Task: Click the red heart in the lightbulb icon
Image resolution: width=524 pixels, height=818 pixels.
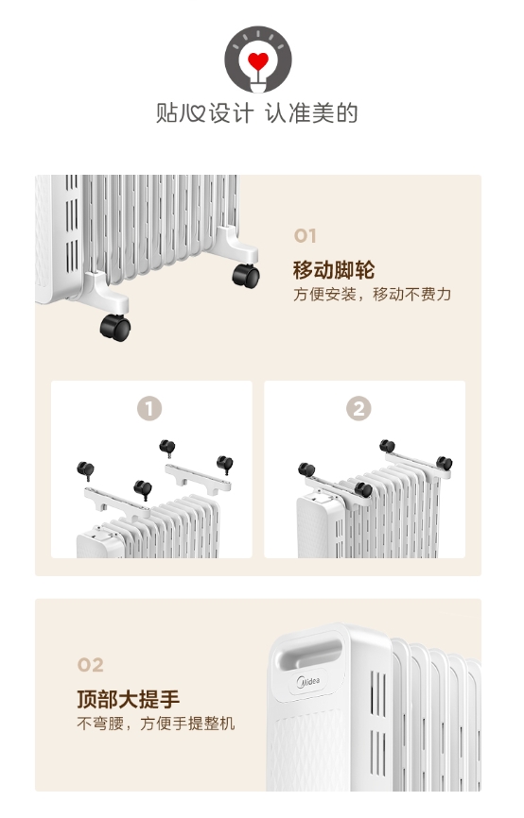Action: (258, 60)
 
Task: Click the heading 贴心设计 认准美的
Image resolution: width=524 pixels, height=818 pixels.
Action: (257, 113)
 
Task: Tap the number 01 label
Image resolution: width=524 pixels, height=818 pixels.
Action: (306, 236)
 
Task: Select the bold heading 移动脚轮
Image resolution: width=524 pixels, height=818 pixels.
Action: (334, 270)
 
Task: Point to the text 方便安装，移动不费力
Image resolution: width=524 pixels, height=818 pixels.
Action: (372, 294)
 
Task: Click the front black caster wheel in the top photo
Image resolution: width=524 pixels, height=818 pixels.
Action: (115, 328)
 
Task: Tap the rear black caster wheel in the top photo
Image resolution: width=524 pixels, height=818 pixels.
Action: (246, 276)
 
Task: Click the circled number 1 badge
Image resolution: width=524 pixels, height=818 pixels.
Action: (149, 408)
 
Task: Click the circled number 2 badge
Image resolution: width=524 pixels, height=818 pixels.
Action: (358, 408)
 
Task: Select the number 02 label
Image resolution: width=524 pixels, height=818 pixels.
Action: (91, 665)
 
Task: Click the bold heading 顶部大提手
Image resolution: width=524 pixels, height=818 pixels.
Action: (129, 699)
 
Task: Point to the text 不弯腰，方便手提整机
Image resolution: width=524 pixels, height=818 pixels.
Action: (156, 724)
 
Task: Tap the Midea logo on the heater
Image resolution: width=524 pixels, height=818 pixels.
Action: (308, 681)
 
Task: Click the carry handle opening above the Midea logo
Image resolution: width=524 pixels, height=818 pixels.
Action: (308, 651)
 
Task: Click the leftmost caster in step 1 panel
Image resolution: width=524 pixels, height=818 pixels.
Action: (86, 470)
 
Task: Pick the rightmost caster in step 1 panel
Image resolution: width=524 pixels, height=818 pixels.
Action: (225, 464)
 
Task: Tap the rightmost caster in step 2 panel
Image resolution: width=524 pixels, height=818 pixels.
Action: (445, 463)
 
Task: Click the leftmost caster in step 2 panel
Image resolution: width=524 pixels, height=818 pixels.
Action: (306, 469)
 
